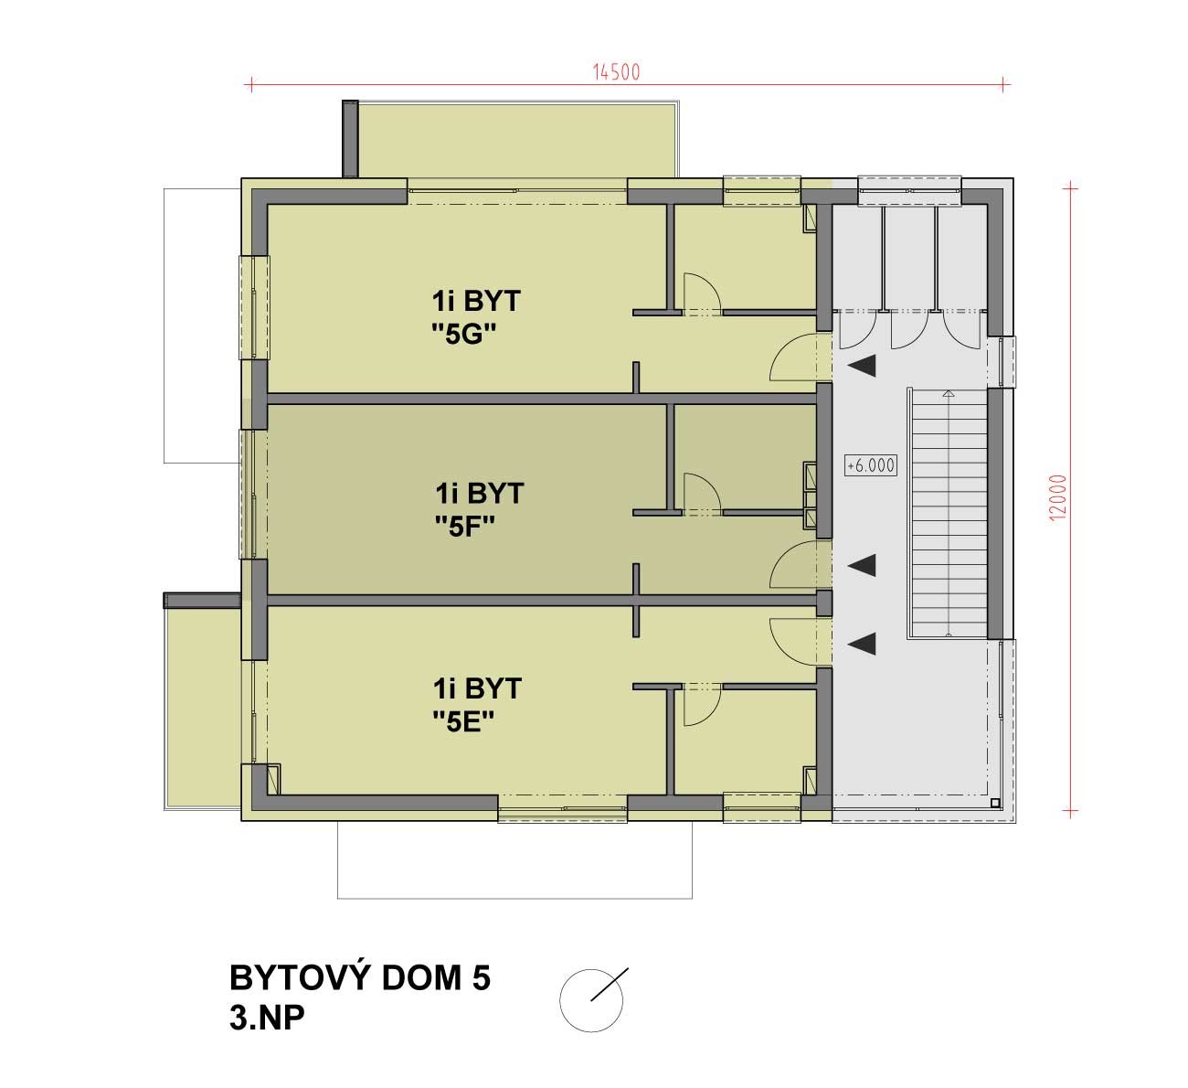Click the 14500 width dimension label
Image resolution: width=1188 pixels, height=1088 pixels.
tap(616, 72)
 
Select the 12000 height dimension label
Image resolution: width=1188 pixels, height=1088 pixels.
tap(1057, 497)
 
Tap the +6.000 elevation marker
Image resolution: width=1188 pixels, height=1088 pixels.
tap(870, 465)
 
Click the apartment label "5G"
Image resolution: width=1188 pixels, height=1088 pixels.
tap(463, 335)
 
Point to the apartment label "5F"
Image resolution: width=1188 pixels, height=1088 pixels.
tap(465, 527)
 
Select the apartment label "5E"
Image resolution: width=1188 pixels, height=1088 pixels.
tap(463, 721)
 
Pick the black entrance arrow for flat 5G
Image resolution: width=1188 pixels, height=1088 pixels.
tap(863, 366)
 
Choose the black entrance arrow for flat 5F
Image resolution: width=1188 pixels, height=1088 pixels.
tap(863, 565)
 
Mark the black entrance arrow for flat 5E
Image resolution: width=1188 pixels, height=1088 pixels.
tap(863, 644)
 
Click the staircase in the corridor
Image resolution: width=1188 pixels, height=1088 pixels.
tap(949, 513)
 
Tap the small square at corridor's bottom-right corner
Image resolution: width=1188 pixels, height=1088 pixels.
tap(995, 803)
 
